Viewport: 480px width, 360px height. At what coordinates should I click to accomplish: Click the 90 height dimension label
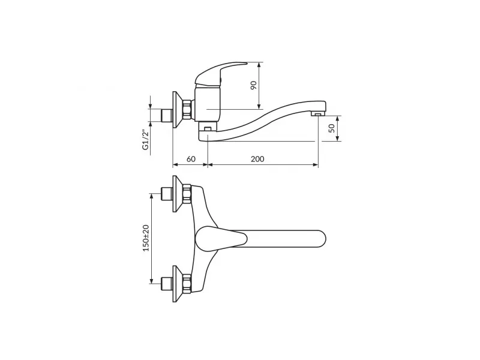pyautogui.click(x=253, y=85)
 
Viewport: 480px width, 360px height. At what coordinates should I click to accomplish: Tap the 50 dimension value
pyautogui.click(x=332, y=128)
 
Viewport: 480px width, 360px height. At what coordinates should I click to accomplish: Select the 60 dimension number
pyautogui.click(x=191, y=159)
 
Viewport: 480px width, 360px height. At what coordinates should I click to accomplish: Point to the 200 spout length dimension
pyautogui.click(x=257, y=159)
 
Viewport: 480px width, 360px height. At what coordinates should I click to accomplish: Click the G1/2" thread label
pyautogui.click(x=145, y=140)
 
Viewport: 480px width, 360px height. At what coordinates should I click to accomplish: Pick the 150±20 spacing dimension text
pyautogui.click(x=146, y=238)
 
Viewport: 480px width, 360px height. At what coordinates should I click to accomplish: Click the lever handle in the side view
pyautogui.click(x=220, y=73)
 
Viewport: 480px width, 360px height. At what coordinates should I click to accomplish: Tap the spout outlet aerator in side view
pyautogui.click(x=318, y=114)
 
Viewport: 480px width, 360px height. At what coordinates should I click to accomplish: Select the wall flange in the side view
pyautogui.click(x=177, y=110)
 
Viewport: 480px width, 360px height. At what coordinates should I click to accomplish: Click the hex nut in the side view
pyautogui.click(x=187, y=110)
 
